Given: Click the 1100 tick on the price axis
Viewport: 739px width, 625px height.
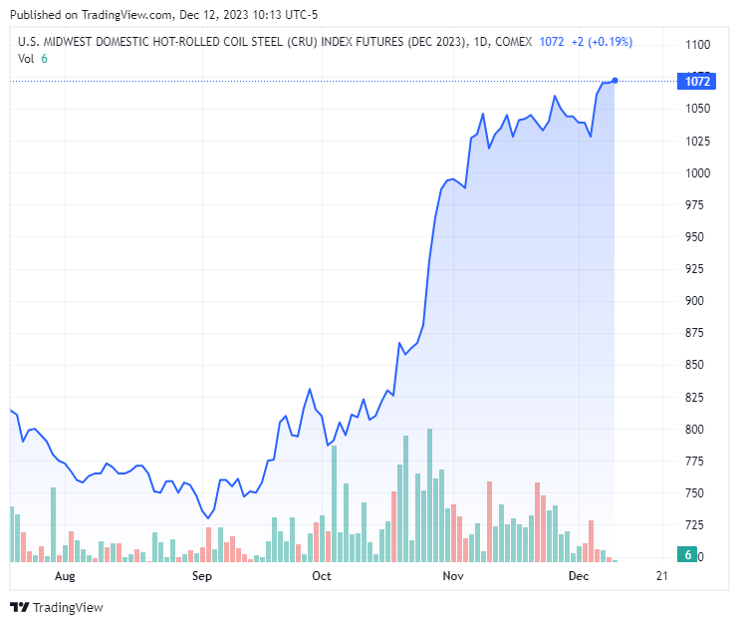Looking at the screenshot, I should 696,45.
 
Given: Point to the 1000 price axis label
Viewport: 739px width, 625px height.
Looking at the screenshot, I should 696,172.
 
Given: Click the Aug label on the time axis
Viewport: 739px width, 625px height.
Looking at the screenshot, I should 65,576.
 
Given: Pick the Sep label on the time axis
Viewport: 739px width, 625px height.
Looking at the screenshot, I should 201,576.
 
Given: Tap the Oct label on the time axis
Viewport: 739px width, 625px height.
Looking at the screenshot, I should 321,576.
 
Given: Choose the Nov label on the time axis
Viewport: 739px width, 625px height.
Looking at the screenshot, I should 453,576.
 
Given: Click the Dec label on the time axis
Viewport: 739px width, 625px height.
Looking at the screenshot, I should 579,576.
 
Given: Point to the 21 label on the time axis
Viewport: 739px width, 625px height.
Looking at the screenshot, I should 662,576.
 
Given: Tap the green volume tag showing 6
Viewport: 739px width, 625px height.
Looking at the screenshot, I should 688,554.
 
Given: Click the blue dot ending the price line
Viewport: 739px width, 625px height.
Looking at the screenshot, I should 616,80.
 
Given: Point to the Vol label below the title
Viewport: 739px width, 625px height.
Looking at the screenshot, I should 26,59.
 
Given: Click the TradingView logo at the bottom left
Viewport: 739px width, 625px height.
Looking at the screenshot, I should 57,607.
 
